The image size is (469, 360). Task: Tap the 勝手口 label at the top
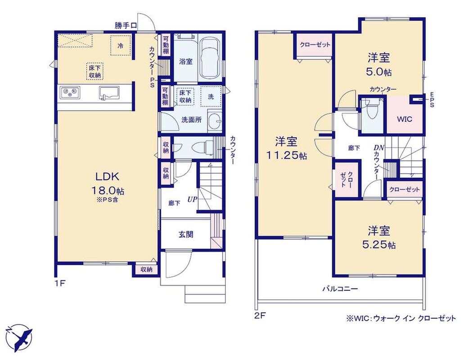click(126, 26)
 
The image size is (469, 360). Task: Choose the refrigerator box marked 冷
click(121, 45)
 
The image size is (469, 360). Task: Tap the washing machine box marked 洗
click(211, 96)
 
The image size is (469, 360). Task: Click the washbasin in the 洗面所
click(215, 121)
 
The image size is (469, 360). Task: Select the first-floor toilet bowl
click(201, 148)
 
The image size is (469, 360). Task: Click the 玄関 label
click(186, 234)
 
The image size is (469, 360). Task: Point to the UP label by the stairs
click(192, 199)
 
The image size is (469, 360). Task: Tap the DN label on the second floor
click(379, 148)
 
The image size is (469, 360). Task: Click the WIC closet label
click(404, 119)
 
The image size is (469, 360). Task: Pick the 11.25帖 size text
click(286, 155)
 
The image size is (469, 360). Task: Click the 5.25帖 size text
click(379, 245)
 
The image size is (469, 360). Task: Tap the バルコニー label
click(340, 289)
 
